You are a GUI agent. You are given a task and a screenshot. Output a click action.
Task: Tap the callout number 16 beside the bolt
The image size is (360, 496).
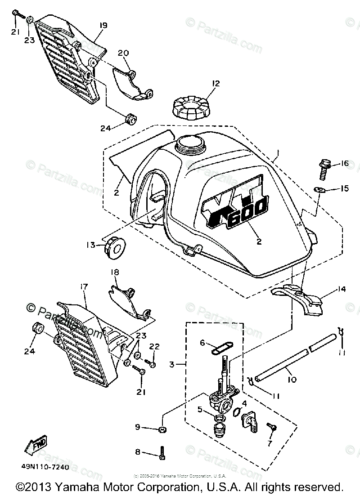tap(344, 164)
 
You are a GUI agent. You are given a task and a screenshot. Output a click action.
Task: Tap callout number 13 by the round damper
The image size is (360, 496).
tap(91, 245)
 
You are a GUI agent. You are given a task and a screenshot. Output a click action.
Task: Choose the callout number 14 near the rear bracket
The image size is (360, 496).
tap(342, 290)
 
